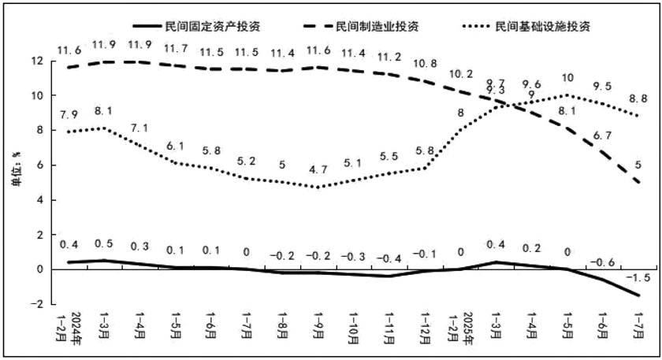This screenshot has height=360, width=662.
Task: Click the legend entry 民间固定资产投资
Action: click(x=197, y=26)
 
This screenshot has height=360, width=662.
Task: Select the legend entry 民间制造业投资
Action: click(x=362, y=26)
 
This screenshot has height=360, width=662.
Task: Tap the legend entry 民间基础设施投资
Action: click(x=526, y=26)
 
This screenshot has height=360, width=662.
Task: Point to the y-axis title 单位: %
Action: click(x=17, y=169)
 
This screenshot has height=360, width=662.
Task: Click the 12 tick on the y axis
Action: click(x=38, y=61)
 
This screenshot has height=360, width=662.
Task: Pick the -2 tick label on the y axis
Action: click(x=37, y=304)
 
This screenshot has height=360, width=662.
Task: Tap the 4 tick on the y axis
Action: click(x=40, y=200)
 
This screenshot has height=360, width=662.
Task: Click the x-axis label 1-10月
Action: click(x=353, y=328)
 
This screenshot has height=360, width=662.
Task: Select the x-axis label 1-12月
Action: click(x=424, y=328)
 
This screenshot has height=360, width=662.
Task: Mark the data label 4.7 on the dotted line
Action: click(x=318, y=169)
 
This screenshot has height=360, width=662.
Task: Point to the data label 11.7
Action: click(x=176, y=49)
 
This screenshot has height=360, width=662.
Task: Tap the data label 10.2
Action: click(x=460, y=74)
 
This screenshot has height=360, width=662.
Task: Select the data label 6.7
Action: click(x=602, y=135)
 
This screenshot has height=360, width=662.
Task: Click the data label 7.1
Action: click(x=139, y=128)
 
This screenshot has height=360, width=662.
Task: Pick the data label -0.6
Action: click(x=602, y=262)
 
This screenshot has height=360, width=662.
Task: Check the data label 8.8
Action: click(x=638, y=98)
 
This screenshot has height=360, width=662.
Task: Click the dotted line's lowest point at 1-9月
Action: click(x=318, y=187)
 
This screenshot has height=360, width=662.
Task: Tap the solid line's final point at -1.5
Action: click(x=638, y=295)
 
